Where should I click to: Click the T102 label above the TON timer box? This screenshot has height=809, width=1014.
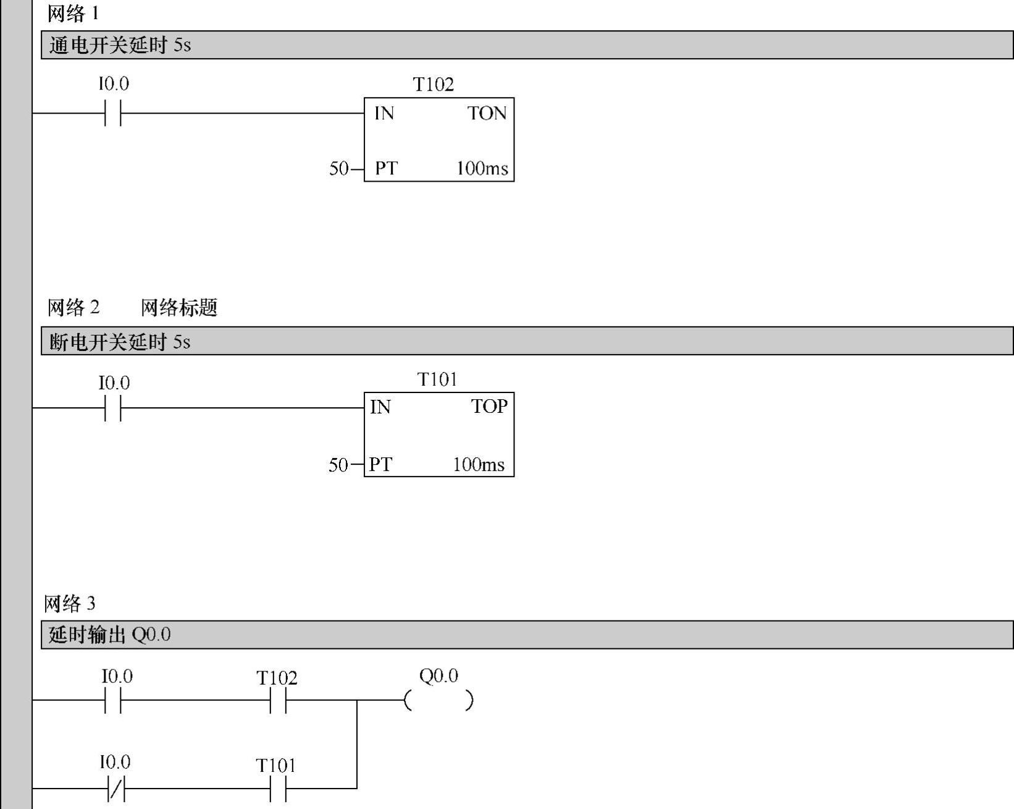433,85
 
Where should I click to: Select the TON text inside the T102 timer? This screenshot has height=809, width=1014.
487,114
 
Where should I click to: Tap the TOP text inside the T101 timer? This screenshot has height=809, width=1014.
489,407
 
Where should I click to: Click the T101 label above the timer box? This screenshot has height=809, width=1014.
437,379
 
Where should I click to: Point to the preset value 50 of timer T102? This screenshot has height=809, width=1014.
339,168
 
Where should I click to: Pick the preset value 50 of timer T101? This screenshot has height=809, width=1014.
338,465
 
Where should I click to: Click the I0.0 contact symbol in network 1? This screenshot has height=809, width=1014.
113,114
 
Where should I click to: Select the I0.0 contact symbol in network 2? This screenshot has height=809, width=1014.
113,409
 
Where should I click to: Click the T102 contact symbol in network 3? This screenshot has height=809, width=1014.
278,701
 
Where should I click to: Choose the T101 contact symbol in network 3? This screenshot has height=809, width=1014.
278,789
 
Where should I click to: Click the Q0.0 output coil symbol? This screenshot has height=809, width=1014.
438,701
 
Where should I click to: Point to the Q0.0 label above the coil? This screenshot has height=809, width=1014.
438,676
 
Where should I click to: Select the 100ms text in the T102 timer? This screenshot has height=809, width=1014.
482,168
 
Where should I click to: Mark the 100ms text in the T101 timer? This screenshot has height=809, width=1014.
479,465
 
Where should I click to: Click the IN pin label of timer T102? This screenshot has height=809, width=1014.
384,114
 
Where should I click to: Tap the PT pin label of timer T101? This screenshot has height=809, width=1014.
380,465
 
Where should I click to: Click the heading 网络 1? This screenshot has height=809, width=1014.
73,14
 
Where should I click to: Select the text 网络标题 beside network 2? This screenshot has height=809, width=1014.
179,308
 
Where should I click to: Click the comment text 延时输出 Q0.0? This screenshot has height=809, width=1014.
109,635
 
